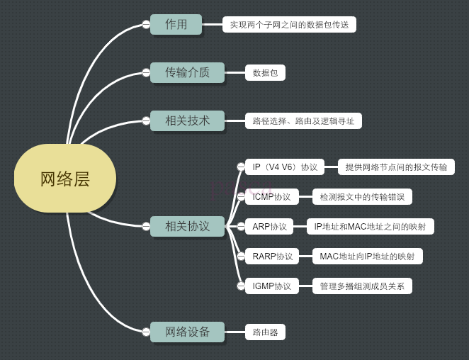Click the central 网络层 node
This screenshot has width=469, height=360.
[x=64, y=179]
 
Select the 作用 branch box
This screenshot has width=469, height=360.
[x=176, y=24]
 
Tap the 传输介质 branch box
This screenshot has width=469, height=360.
[x=187, y=72]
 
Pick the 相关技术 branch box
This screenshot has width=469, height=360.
[x=187, y=120]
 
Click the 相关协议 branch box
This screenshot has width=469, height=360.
[x=187, y=226]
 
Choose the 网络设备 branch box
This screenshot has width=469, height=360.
[x=187, y=332]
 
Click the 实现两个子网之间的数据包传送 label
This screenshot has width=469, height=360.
[x=289, y=25]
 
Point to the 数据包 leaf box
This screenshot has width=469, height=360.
[x=266, y=72]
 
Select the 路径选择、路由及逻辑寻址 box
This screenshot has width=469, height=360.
[x=303, y=120]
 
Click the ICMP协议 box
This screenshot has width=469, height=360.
[x=271, y=196]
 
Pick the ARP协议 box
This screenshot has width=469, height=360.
[x=269, y=227]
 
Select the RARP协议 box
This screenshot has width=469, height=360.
[x=272, y=256]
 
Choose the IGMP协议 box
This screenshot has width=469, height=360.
[x=272, y=286]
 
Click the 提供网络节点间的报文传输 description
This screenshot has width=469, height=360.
[x=396, y=167]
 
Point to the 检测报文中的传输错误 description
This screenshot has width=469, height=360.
[x=362, y=196]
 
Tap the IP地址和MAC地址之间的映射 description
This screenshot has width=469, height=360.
[x=370, y=227]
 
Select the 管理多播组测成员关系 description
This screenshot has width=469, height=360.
[x=362, y=286]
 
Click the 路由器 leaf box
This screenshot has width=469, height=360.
[x=265, y=332]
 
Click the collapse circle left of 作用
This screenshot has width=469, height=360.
[x=146, y=24]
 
